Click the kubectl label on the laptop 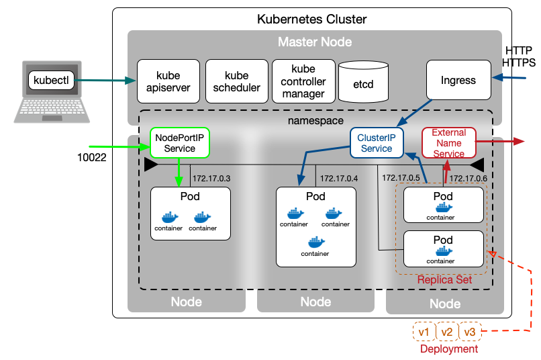[51, 81]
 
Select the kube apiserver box [168, 81]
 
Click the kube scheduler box [236, 81]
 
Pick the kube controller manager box [303, 81]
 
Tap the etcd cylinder [363, 85]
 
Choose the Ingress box [458, 81]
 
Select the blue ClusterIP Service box [376, 143]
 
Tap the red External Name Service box [448, 143]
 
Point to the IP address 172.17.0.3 [211, 179]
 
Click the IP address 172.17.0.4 [339, 179]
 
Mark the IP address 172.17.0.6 [468, 179]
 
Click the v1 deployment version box [424, 332]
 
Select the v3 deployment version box [470, 332]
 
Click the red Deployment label [449, 349]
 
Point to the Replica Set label [444, 279]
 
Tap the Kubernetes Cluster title [312, 19]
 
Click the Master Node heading [315, 42]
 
